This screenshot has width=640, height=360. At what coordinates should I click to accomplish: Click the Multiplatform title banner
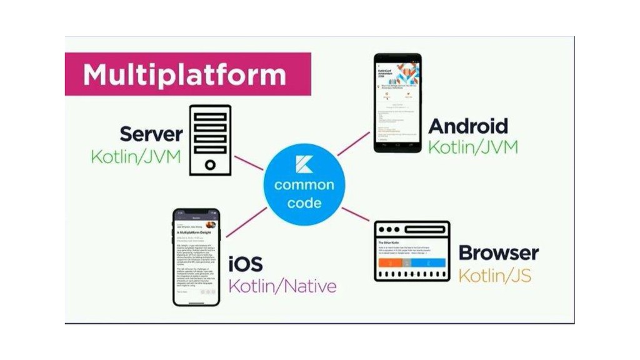[x=187, y=74]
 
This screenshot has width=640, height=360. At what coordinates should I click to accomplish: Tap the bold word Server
[x=151, y=134]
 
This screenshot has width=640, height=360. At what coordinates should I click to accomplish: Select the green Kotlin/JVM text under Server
[x=136, y=156]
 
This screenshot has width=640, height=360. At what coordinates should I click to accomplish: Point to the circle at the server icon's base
[x=210, y=164]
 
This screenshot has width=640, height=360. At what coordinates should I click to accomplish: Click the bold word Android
[x=468, y=126]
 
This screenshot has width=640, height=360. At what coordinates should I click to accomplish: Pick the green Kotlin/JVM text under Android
[x=473, y=147]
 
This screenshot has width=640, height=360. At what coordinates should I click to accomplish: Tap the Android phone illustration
[x=397, y=103]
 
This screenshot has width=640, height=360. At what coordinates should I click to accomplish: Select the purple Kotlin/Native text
[x=282, y=286]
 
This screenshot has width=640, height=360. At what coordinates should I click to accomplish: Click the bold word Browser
[x=499, y=253]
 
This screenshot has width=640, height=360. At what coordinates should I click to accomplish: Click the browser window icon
[x=412, y=251]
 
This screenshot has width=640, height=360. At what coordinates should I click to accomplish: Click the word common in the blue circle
[x=304, y=185]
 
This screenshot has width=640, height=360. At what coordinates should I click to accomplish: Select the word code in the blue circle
[x=305, y=202]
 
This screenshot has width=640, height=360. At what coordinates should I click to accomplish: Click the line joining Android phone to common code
[x=354, y=143]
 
